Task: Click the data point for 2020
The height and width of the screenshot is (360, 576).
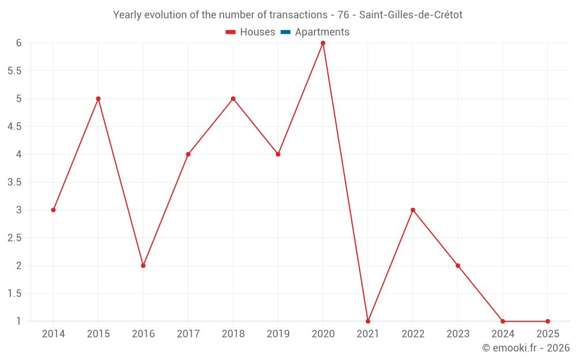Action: click(x=323, y=43)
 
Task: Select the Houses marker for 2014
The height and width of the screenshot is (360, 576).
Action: click(x=53, y=210)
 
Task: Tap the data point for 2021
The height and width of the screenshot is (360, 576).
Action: click(x=367, y=321)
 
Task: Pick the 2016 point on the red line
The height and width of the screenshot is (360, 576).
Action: click(x=143, y=266)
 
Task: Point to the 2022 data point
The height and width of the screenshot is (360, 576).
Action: click(x=412, y=210)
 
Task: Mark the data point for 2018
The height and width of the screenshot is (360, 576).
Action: click(x=233, y=98)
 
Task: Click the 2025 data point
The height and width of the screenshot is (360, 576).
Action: click(x=547, y=321)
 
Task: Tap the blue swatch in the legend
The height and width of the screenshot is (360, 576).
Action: click(x=285, y=32)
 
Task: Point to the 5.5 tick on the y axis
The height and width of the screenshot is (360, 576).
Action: click(x=14, y=71)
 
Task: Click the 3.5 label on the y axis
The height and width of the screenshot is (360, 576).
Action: click(x=14, y=182)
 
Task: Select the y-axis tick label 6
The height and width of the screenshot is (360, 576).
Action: click(x=18, y=43)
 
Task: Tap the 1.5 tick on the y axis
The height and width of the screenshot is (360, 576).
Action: click(x=14, y=293)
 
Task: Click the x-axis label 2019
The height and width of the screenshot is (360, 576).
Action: click(x=278, y=334)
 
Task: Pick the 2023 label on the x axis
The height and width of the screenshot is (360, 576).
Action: click(x=457, y=334)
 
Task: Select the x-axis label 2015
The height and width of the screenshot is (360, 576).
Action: click(x=98, y=334)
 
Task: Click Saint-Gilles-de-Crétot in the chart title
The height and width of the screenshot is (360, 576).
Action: click(x=411, y=15)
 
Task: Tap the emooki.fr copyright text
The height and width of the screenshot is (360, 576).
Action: click(x=525, y=348)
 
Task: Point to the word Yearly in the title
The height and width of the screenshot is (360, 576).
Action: click(x=127, y=15)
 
